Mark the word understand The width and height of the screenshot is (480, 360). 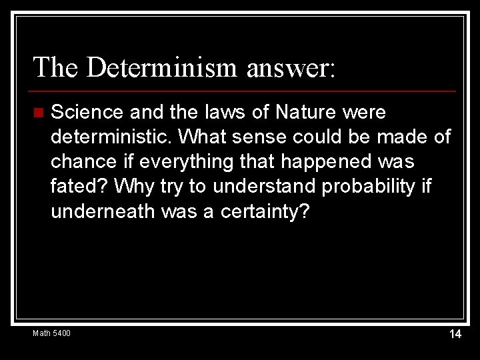[x=259, y=187]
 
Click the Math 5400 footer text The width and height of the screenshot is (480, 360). [x=52, y=333]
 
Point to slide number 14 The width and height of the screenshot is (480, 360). [x=455, y=334]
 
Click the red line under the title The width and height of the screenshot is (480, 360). [x=244, y=91]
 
